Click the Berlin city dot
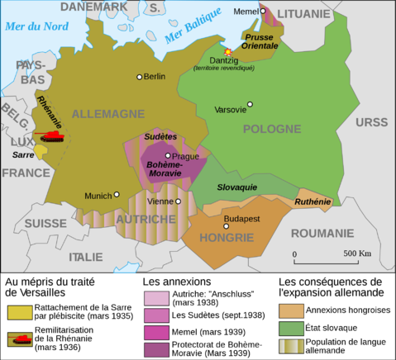click(140, 77)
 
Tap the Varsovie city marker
click(250, 104)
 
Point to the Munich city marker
click(117, 194)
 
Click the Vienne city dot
click(178, 201)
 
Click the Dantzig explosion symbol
click(229, 52)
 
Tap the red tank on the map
click(53, 135)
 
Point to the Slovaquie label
click(236, 187)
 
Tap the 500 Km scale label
click(357, 253)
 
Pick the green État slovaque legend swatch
click(290, 327)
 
